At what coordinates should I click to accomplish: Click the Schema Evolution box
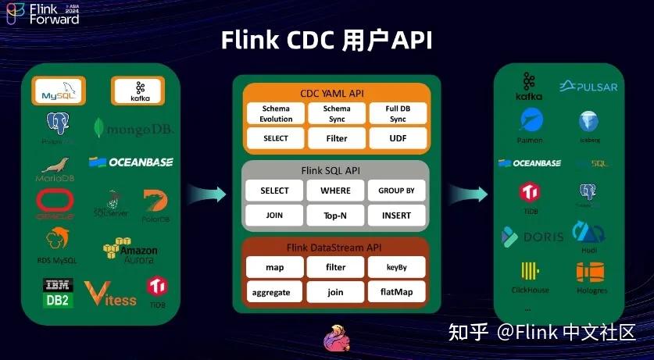(276, 113)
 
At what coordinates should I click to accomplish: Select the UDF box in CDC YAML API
(398, 138)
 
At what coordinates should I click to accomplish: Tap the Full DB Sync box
(398, 113)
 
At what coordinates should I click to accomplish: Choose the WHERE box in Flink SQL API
(336, 190)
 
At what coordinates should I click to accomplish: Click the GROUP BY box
(398, 190)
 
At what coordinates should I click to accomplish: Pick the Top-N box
(336, 215)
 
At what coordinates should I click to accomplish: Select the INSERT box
(398, 215)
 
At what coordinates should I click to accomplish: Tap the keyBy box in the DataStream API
(398, 267)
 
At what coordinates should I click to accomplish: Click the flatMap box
(398, 292)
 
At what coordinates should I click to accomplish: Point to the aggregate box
(274, 292)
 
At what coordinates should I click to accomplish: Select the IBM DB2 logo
(58, 293)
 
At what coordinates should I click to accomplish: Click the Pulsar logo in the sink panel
(588, 86)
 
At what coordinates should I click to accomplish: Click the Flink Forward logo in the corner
(43, 14)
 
